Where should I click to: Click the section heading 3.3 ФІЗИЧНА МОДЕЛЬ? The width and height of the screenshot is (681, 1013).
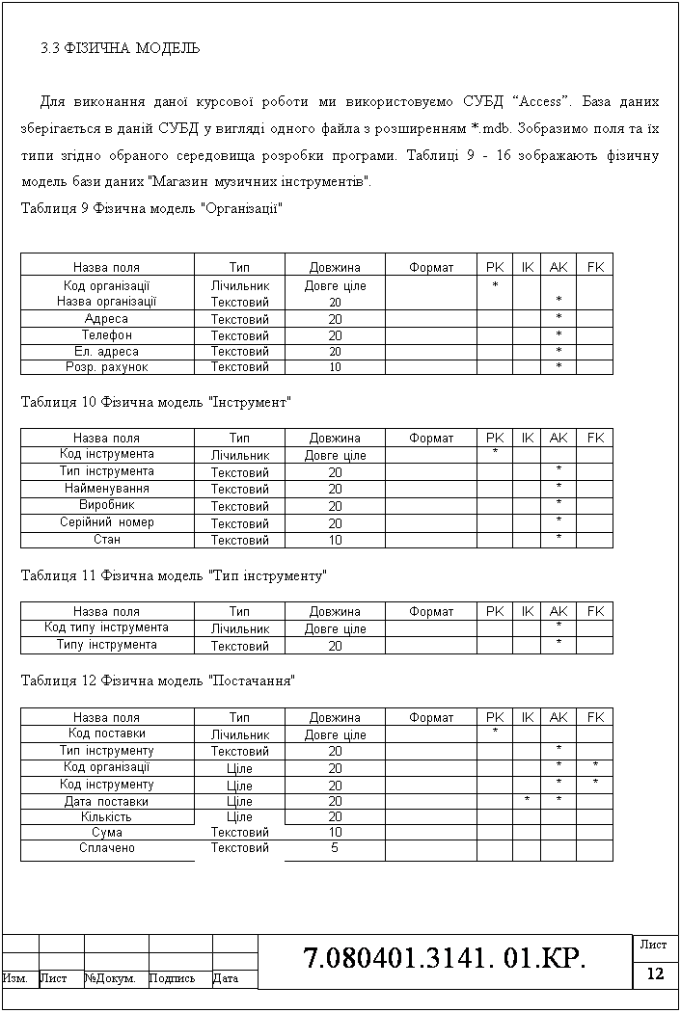point(120,47)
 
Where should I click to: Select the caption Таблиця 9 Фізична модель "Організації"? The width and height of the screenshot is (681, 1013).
point(151,208)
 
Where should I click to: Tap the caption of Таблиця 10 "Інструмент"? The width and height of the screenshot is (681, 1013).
point(156,401)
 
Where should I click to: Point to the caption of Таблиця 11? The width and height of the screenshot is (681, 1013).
point(174,575)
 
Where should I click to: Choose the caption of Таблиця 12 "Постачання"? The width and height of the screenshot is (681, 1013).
point(157,680)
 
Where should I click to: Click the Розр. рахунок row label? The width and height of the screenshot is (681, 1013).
point(106,367)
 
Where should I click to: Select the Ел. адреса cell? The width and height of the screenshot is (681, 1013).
point(106,352)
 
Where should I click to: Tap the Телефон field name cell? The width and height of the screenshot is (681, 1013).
point(106,335)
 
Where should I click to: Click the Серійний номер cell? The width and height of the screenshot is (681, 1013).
point(106,522)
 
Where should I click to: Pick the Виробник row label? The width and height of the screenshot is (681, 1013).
point(106,505)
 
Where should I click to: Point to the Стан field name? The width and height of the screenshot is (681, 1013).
point(106,540)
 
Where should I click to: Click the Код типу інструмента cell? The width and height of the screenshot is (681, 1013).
point(106,627)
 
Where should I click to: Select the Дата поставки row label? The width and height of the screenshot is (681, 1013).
point(106,801)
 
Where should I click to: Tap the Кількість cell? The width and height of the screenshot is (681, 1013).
point(106,816)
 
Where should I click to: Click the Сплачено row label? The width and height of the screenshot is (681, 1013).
point(106,848)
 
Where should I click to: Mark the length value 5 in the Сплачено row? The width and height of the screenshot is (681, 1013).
point(335,848)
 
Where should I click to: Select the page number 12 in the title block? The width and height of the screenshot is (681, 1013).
point(656,974)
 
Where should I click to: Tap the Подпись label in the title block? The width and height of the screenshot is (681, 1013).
point(173,979)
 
